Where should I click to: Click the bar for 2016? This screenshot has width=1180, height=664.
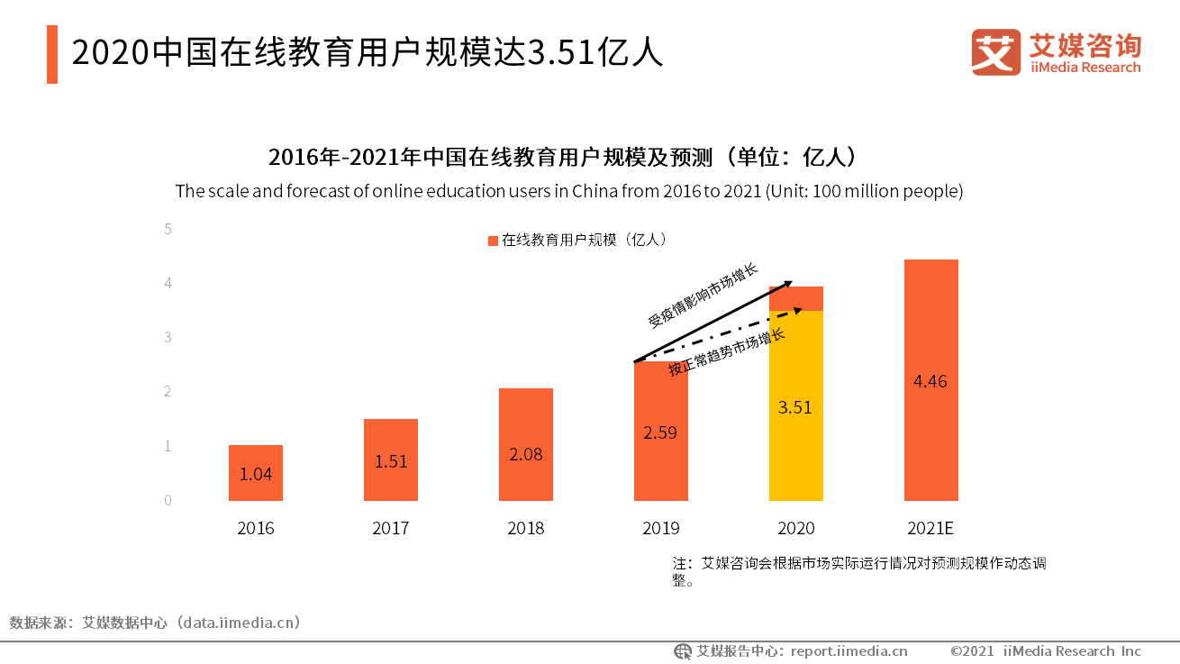[256, 473]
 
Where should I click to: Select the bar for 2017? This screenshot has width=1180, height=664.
[391, 459]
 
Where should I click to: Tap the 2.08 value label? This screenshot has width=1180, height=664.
[526, 454]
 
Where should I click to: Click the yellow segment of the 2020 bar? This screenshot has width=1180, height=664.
[796, 405]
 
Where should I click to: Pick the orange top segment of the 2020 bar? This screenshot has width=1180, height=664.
[796, 298]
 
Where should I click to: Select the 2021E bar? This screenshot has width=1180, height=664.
[931, 379]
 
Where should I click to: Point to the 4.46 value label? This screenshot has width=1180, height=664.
[930, 381]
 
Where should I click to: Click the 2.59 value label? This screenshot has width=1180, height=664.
[660, 432]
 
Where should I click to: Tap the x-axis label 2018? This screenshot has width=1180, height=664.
[526, 528]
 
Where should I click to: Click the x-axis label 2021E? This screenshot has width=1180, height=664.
[931, 528]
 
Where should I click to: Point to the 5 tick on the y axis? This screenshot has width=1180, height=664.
[168, 229]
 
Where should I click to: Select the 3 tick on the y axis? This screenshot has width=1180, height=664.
[168, 337]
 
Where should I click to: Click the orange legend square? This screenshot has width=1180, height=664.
[493, 241]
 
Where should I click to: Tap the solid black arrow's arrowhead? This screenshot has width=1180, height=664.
[788, 284]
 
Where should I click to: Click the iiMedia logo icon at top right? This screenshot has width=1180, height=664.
[995, 52]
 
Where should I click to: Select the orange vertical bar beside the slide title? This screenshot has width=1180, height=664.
[52, 54]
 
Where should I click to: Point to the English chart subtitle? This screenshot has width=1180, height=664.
[569, 191]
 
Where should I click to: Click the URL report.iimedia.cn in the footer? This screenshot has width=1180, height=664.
[849, 650]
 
